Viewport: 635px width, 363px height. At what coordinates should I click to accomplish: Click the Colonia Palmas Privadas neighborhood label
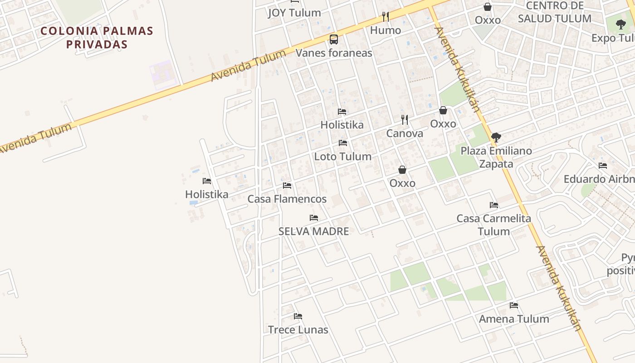(97, 38)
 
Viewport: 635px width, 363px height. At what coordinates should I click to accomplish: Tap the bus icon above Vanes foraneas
(334, 39)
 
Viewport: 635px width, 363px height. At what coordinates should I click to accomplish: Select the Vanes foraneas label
(334, 53)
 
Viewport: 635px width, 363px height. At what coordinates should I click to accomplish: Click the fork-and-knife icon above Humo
(386, 17)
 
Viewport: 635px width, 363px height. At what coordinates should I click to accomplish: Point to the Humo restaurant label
(386, 30)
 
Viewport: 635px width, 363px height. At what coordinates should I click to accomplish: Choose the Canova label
(405, 133)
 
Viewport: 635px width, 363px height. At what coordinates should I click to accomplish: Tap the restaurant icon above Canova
(405, 120)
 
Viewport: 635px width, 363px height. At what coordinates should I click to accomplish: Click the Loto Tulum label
(343, 157)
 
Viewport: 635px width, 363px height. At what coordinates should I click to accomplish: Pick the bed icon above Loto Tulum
(343, 143)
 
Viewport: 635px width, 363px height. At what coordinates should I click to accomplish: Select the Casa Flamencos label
(287, 199)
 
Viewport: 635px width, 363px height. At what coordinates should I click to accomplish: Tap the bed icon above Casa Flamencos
(287, 186)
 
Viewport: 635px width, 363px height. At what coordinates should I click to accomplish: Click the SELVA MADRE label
(314, 231)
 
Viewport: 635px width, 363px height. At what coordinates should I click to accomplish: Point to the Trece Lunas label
(298, 330)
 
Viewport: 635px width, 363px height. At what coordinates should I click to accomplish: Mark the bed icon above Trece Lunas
(298, 316)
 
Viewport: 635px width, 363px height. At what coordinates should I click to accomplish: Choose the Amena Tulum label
(514, 319)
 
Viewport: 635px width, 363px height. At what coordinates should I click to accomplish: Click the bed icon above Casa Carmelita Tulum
(494, 205)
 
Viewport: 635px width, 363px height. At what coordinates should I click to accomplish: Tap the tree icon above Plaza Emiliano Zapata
(496, 137)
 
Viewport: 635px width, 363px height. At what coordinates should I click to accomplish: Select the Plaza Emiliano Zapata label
(496, 157)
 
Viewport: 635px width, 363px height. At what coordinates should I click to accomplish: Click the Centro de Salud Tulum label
(555, 12)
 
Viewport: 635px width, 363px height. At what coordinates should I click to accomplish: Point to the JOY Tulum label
(294, 13)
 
